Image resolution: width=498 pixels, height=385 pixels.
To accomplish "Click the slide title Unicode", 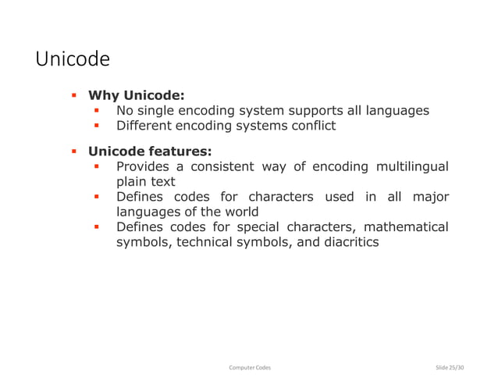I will tap(73, 59).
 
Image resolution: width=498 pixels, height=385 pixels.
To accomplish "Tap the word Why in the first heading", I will tap(103, 96).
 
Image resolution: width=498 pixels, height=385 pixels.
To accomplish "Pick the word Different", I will tap(146, 126).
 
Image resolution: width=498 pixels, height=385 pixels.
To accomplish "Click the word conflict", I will tap(311, 126).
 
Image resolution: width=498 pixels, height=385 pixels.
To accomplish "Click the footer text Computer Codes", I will tap(249, 367).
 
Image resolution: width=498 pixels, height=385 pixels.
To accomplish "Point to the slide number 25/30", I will tap(455, 367).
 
